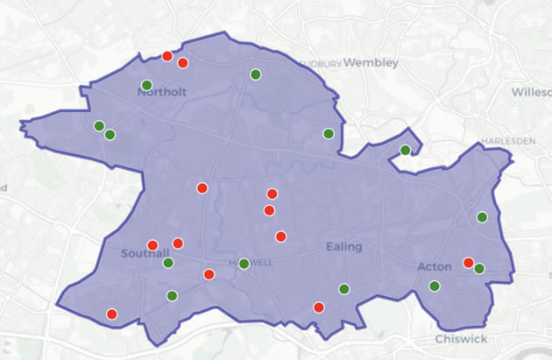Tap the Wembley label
pyautogui.click(x=371, y=63)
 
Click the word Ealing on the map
pyautogui.click(x=343, y=247)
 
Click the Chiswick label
pyautogui.click(x=461, y=340)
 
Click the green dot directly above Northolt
pyautogui.click(x=146, y=85)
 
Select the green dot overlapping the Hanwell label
pyautogui.click(x=244, y=264)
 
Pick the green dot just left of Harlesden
pyautogui.click(x=405, y=151)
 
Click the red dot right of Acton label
pyautogui.click(x=469, y=263)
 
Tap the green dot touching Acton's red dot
pyautogui.click(x=479, y=268)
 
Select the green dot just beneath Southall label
pyautogui.click(x=168, y=263)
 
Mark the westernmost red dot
pyautogui.click(x=111, y=314)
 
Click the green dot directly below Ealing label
pyautogui.click(x=344, y=288)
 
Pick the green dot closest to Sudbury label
pyautogui.click(x=255, y=74)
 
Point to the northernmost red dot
pyautogui.click(x=166, y=56)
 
